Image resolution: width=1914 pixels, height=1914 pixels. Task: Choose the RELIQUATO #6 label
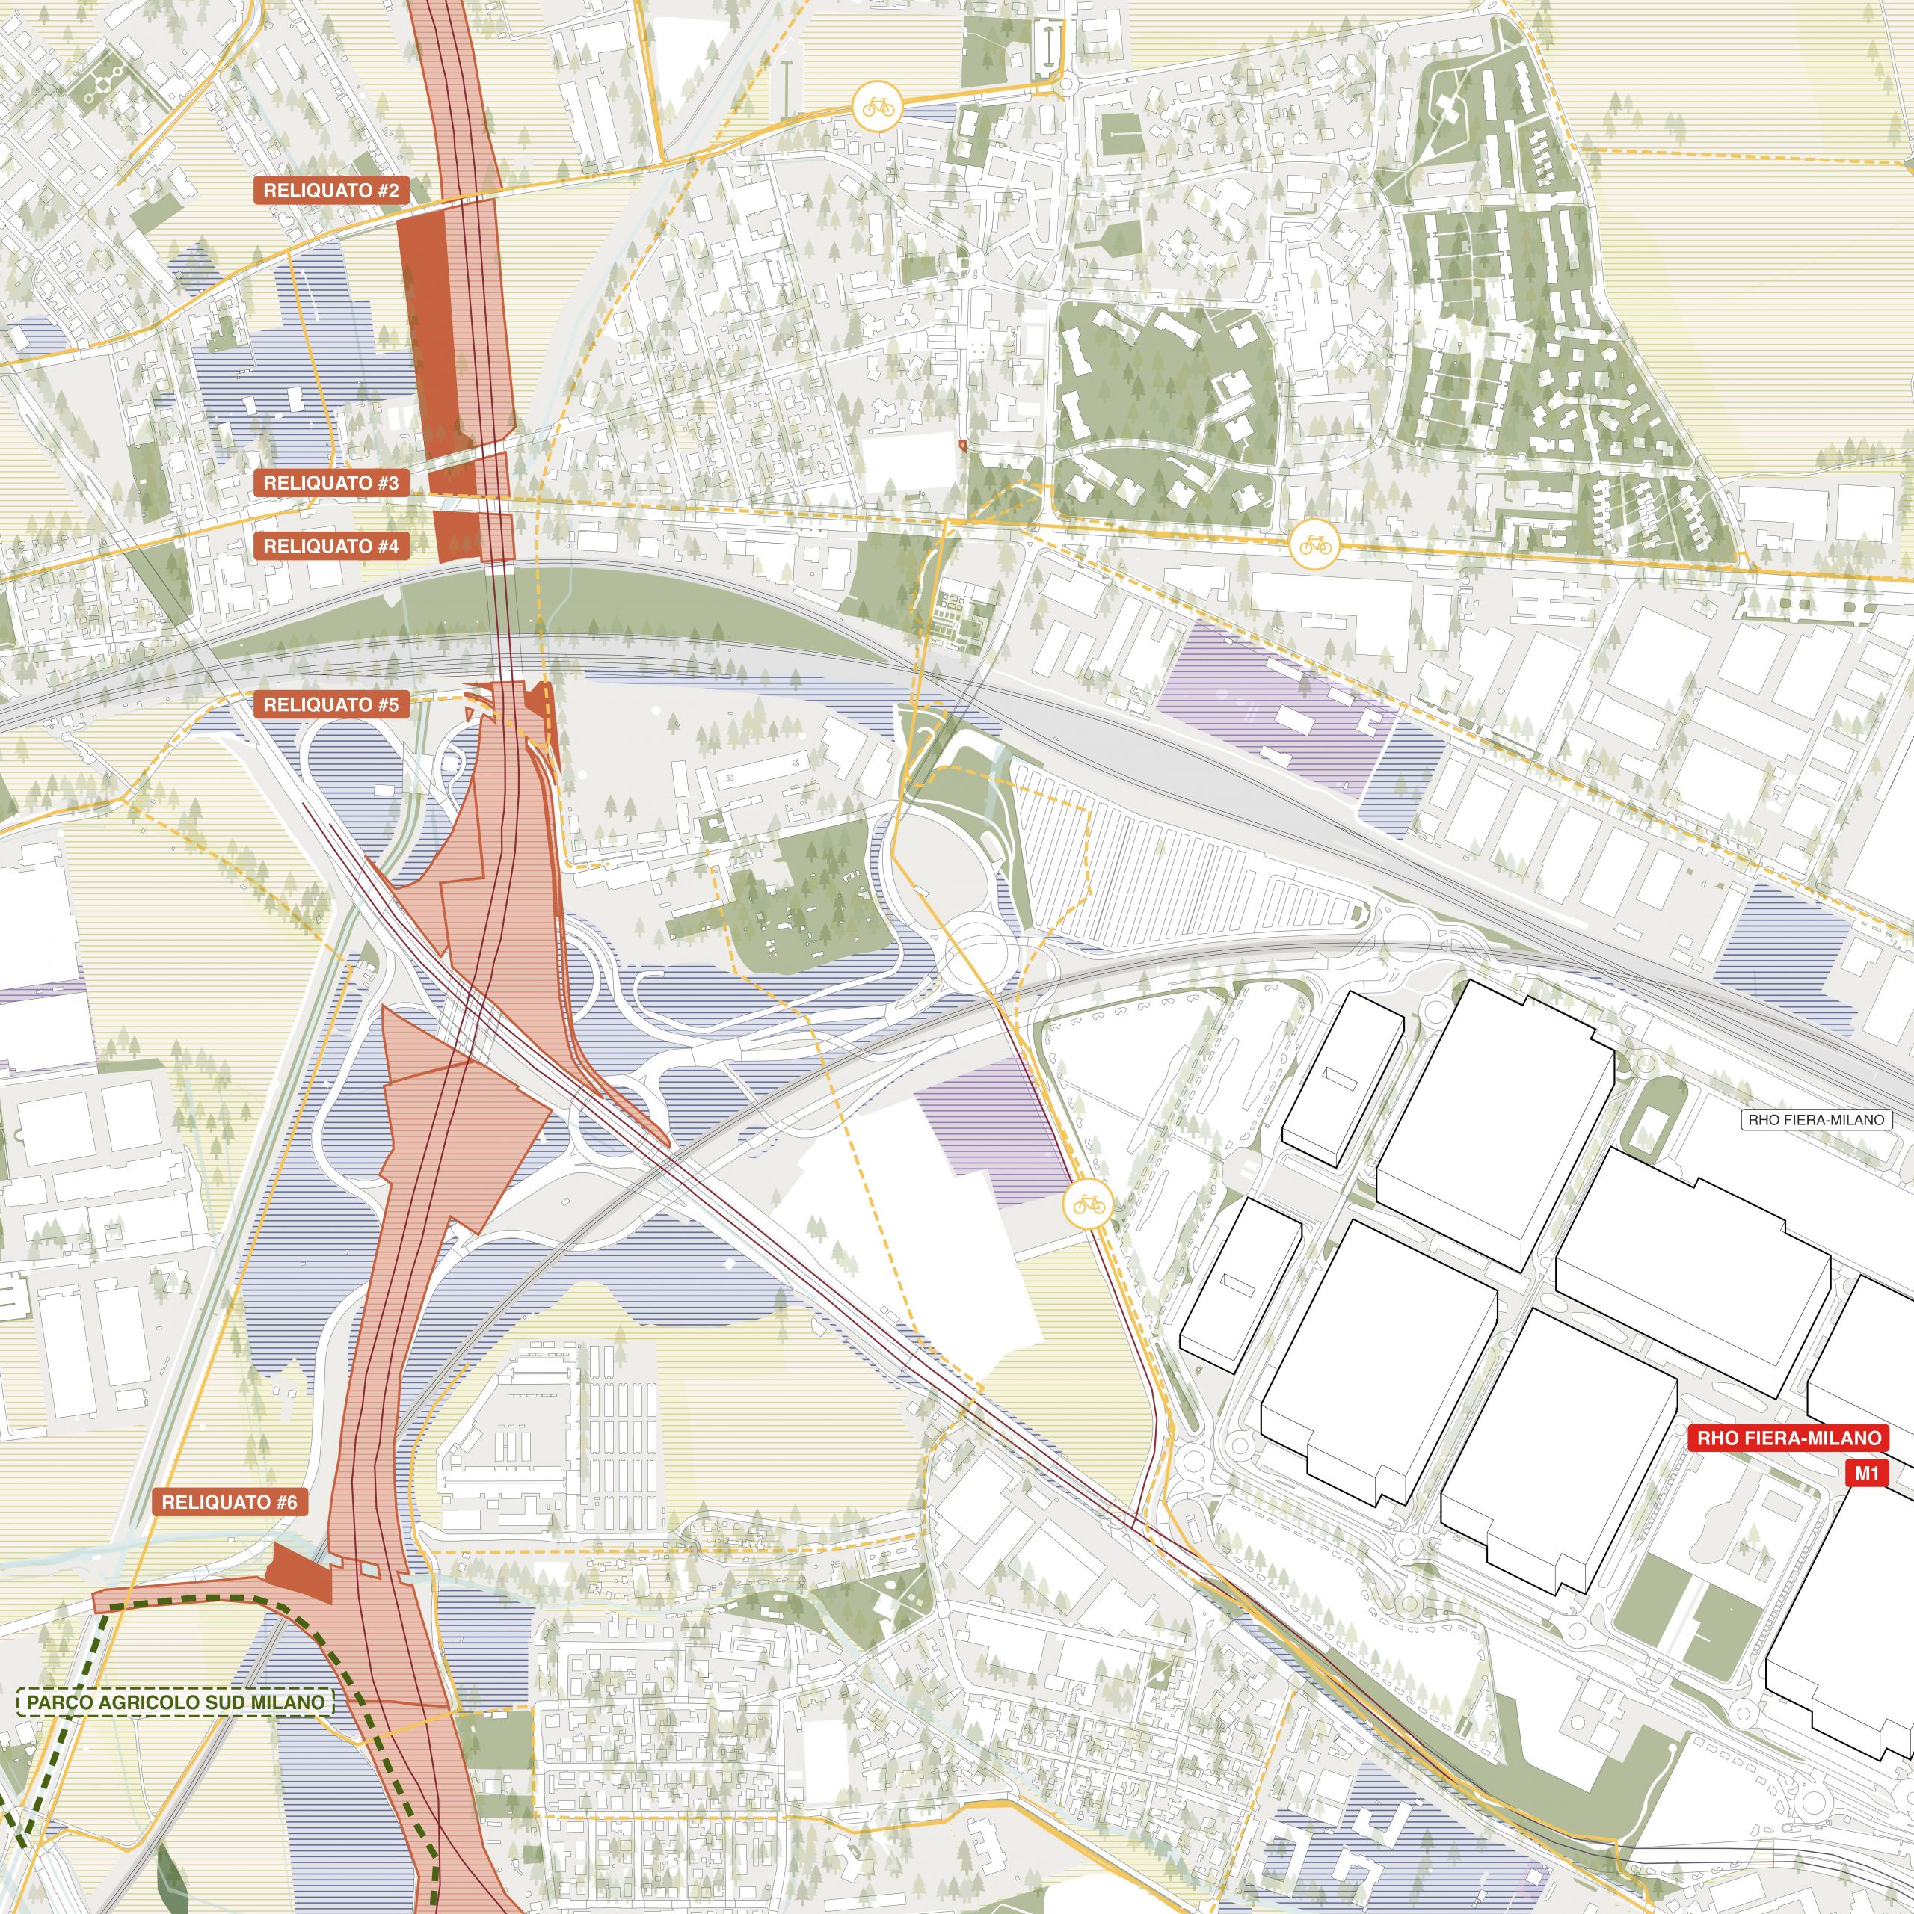pos(230,1502)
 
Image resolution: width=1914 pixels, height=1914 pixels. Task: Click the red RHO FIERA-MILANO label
pos(1788,1438)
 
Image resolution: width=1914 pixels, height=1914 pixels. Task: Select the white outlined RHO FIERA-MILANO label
pos(1815,1119)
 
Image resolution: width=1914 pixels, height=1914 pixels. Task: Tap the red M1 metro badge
pos(1866,1473)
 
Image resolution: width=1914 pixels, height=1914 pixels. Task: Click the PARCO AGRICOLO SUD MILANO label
pos(176,1703)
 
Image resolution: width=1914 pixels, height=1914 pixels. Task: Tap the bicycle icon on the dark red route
pos(1088,1204)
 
